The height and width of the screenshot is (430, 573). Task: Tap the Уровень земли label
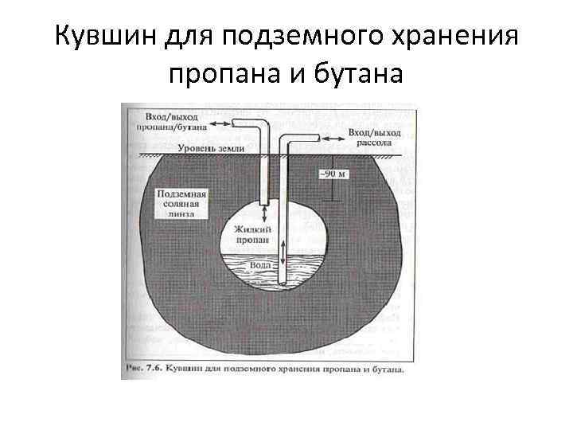point(211,149)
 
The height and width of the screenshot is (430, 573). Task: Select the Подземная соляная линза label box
point(182,205)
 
